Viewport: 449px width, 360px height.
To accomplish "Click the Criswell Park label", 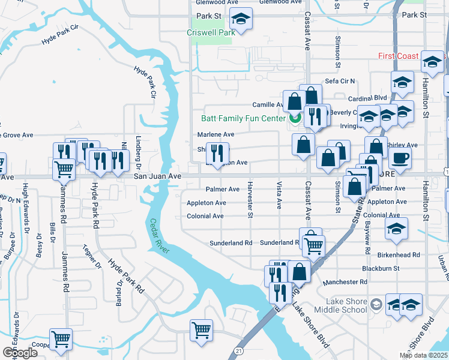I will coord(211,33).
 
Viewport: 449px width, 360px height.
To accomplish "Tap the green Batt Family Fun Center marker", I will coord(295,118).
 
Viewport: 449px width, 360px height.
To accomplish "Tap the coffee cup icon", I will coord(400,158).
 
